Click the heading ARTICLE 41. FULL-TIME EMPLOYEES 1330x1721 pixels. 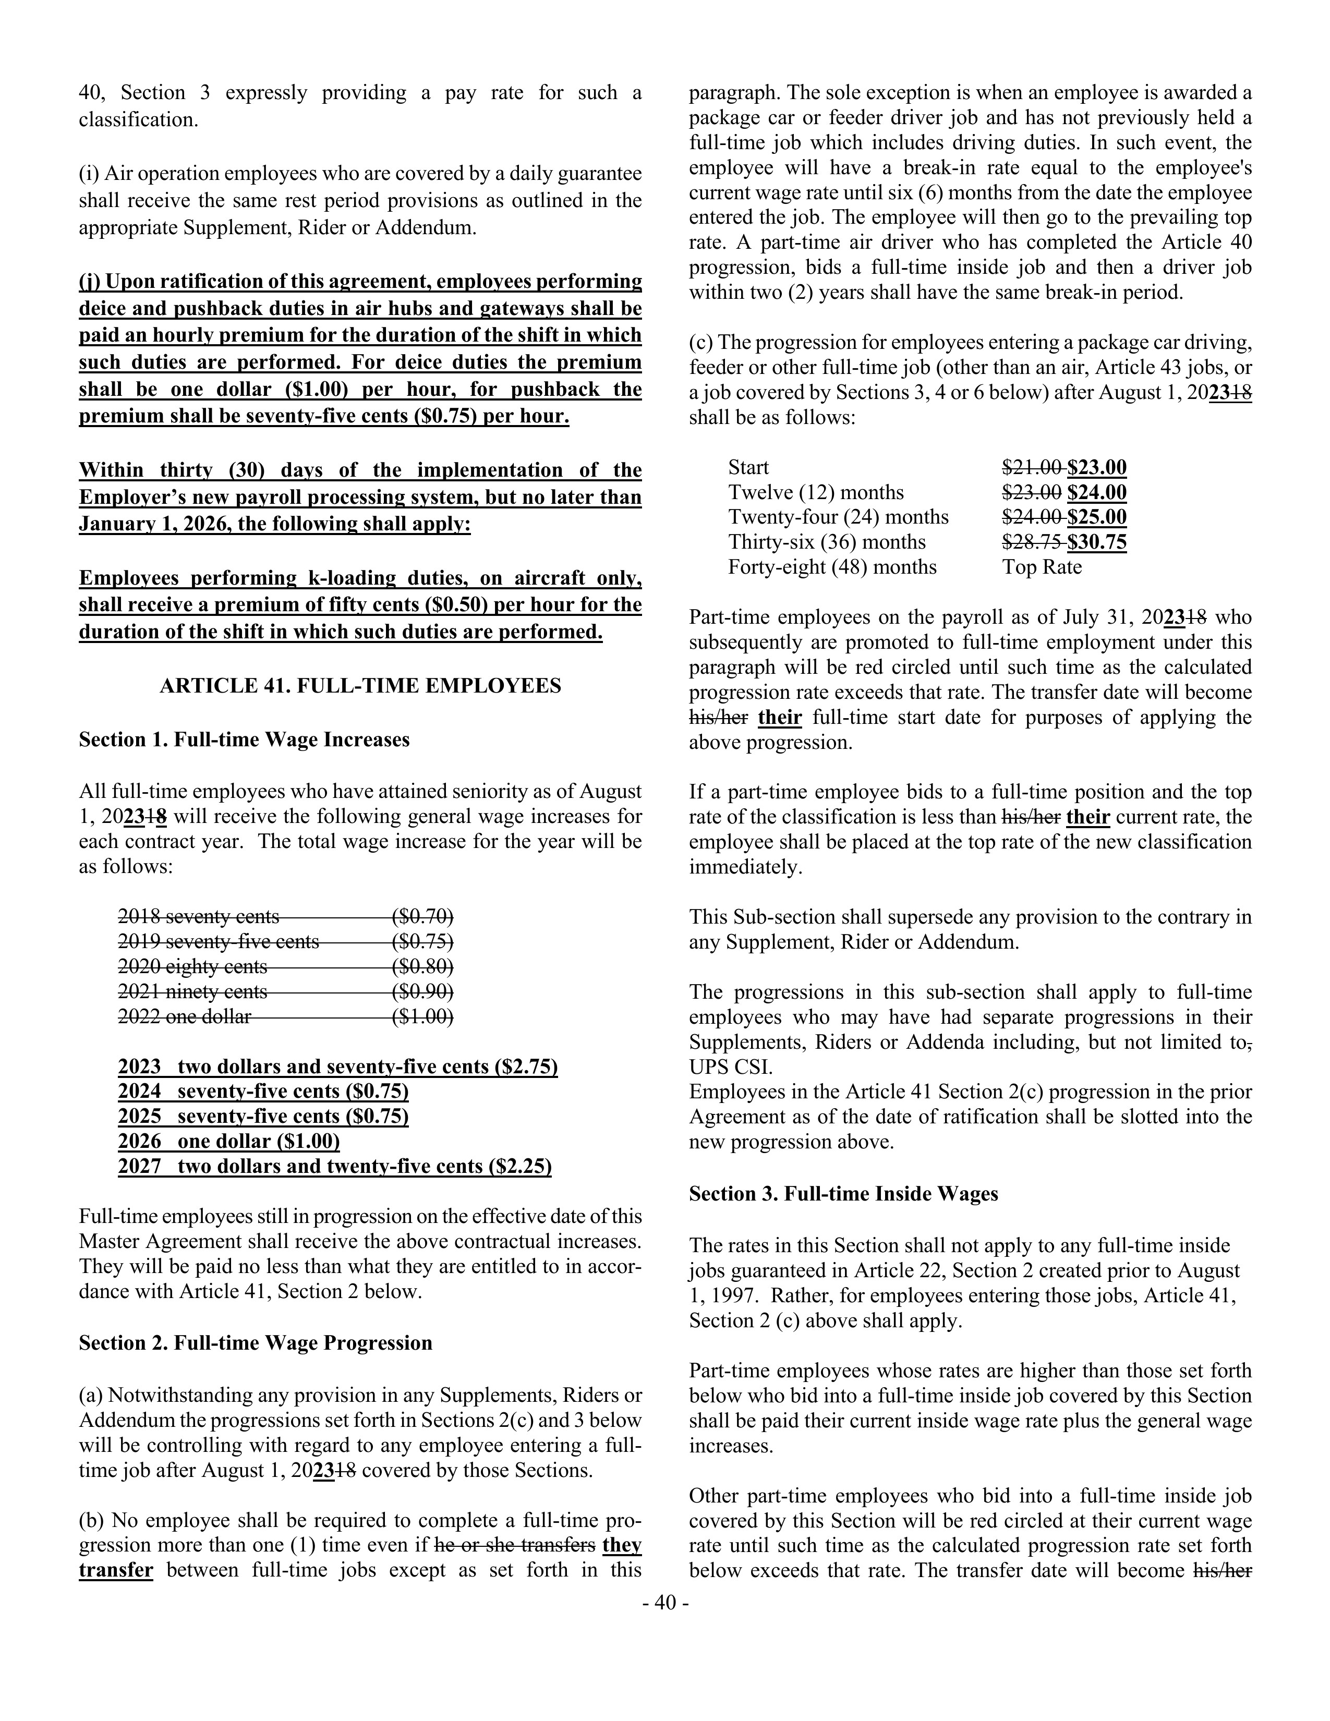[360, 686]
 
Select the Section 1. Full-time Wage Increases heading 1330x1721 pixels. [244, 740]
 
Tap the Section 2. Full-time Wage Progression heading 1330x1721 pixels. [255, 1343]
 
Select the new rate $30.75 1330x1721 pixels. [1097, 542]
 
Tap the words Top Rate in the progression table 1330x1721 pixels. [1042, 567]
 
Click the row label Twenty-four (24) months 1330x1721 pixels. [838, 517]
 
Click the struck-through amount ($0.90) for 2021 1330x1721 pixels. [422, 991]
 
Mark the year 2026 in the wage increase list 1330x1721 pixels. [139, 1142]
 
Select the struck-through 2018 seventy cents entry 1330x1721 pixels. [199, 916]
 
